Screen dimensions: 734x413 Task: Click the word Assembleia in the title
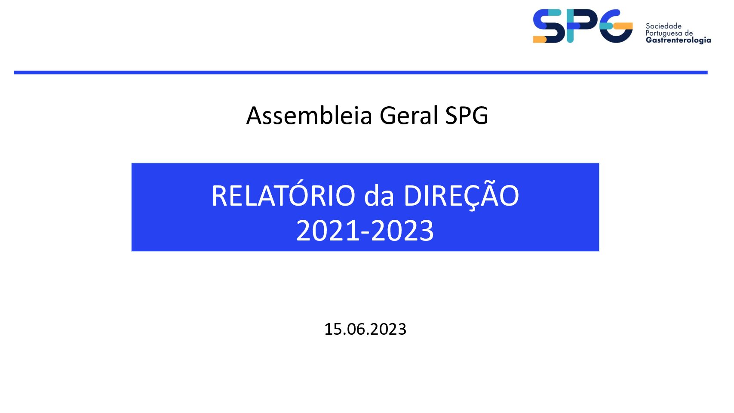point(309,116)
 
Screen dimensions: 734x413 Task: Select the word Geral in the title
point(408,116)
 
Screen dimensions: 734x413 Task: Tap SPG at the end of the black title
point(467,116)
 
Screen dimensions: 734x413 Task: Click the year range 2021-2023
point(365,231)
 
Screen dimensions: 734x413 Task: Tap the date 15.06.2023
point(365,329)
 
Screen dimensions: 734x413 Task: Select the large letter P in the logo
point(582,26)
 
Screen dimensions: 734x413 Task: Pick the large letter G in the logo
point(616,26)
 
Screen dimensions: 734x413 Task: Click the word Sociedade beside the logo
point(663,26)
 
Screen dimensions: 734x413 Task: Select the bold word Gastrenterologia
point(678,40)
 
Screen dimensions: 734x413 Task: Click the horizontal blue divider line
point(360,72)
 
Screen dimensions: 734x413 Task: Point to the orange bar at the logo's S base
point(540,39)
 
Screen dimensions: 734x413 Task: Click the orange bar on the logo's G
point(623,26)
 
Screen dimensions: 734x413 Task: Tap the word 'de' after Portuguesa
point(689,34)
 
